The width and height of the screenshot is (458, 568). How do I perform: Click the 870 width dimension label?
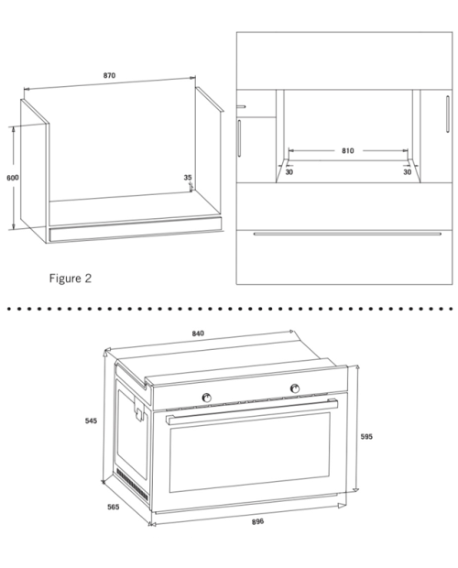(109, 75)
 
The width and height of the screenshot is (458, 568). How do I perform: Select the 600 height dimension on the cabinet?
(13, 178)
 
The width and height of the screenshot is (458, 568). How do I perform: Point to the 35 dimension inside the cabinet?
(188, 178)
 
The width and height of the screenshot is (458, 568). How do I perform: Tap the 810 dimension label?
(347, 150)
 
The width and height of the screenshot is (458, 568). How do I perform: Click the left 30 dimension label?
(289, 172)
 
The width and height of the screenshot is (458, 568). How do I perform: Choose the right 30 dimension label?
(408, 172)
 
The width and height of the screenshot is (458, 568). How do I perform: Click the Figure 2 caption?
(71, 279)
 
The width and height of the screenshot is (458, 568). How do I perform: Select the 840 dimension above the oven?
(198, 333)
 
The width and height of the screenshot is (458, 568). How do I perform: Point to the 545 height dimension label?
(91, 421)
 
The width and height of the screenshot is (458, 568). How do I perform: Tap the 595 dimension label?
(366, 436)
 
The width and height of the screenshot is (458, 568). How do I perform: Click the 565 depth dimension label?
(113, 507)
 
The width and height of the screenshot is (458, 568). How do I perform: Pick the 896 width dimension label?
(257, 521)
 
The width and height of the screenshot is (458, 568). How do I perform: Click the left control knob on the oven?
(206, 398)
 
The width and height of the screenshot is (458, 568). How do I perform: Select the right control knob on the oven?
(295, 388)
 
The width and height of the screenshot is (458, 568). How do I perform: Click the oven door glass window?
(250, 452)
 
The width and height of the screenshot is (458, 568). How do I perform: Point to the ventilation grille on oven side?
(132, 486)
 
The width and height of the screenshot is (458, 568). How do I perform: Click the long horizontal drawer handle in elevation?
(347, 234)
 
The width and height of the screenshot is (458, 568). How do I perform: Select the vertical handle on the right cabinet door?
(448, 115)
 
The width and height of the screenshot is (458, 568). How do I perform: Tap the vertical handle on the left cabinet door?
(239, 138)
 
